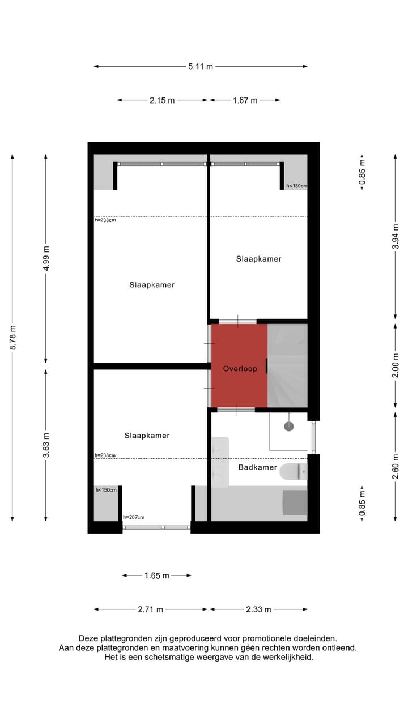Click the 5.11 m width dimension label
click(201, 66)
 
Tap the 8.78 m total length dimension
click(12, 338)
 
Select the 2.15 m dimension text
click(162, 100)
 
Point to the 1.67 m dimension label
click(245, 100)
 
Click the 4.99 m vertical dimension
click(46, 258)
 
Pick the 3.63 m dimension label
click(46, 445)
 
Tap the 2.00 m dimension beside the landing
click(396, 365)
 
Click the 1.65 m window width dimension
click(157, 575)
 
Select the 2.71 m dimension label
click(151, 609)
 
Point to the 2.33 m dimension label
click(258, 609)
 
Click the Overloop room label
click(240, 369)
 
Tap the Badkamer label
click(257, 467)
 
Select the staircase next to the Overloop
click(287, 365)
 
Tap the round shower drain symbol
click(289, 427)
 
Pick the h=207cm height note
click(134, 517)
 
